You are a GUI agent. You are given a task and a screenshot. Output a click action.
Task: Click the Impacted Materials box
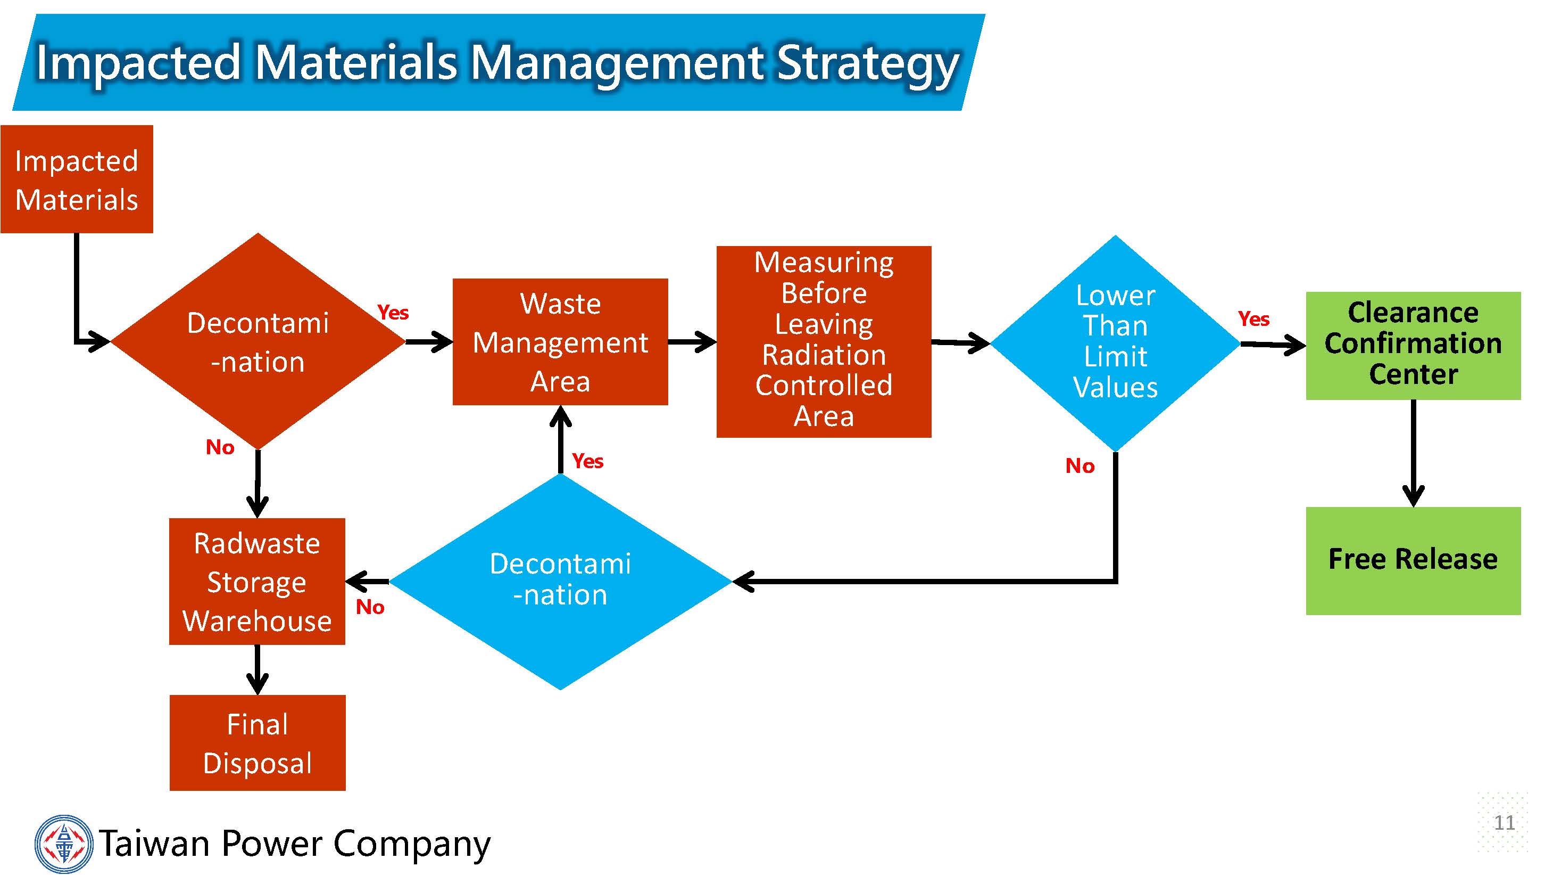(x=77, y=179)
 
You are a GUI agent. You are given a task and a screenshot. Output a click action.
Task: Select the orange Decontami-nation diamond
(x=258, y=341)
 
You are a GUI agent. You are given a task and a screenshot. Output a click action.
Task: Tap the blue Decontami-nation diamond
(x=561, y=580)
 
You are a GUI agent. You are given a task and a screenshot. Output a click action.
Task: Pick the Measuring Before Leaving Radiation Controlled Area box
(x=824, y=341)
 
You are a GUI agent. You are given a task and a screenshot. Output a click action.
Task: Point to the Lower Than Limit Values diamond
(x=1115, y=342)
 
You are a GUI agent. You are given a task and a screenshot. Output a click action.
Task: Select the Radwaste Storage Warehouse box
(x=258, y=581)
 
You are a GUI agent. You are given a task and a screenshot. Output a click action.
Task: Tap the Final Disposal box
(x=258, y=743)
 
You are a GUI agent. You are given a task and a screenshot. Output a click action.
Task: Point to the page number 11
(x=1504, y=822)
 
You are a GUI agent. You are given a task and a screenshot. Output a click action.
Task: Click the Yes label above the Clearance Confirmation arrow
(x=1253, y=318)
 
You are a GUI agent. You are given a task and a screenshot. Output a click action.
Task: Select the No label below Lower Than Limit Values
(x=1080, y=465)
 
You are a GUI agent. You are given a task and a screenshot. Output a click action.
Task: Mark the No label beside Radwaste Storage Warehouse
(x=370, y=607)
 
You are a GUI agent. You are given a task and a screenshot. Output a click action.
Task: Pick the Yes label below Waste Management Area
(x=587, y=461)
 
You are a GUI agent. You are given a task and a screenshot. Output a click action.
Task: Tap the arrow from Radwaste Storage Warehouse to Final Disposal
(x=258, y=669)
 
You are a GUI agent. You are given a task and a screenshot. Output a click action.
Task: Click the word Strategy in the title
(x=868, y=62)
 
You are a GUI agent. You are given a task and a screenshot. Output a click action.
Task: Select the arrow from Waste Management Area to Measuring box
(x=692, y=341)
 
